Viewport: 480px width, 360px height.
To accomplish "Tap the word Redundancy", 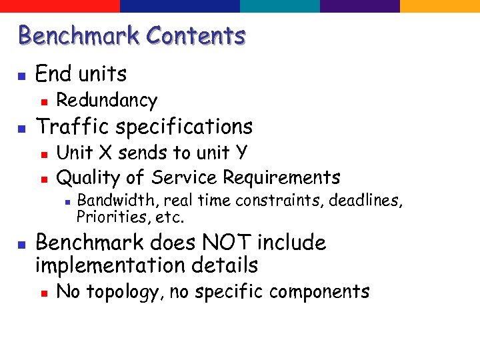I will coord(107,100).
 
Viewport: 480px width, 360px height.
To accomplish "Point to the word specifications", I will coord(184,127).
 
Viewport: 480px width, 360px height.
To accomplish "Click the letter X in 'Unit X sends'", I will coord(105,153).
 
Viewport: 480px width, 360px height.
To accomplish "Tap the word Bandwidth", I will coord(118,200).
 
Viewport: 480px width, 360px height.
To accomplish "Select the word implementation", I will coord(107,265).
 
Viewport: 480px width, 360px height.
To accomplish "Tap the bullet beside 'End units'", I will coord(21,74).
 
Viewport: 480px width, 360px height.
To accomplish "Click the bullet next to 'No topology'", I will coord(42,292).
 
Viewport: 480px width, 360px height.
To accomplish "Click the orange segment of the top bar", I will coord(439,6).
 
